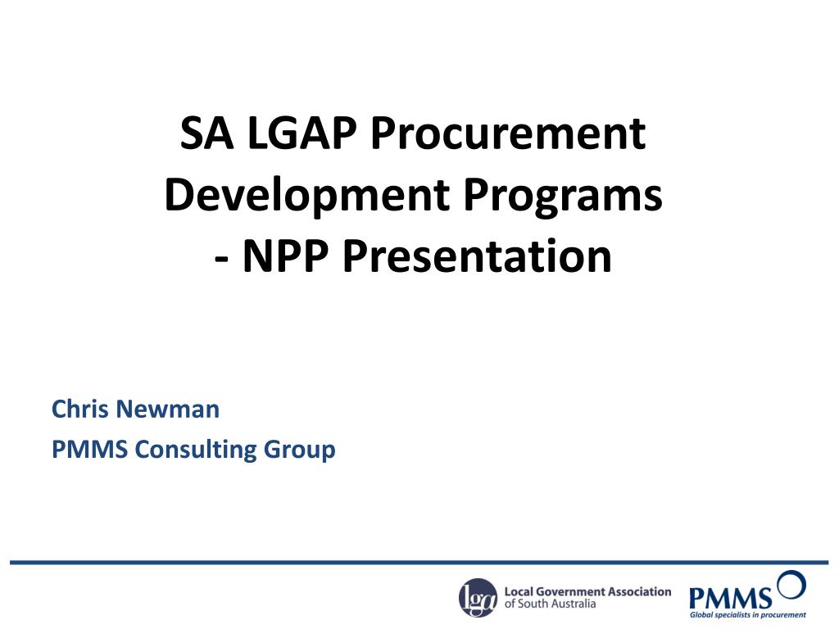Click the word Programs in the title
pyautogui.click(x=563, y=196)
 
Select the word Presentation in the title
pyautogui.click(x=477, y=256)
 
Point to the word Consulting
pyautogui.click(x=197, y=450)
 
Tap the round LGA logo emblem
pyautogui.click(x=478, y=597)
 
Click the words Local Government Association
pyautogui.click(x=587, y=591)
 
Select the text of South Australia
pyautogui.click(x=550, y=604)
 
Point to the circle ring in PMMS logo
pyautogui.click(x=791, y=585)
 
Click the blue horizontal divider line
pyautogui.click(x=419, y=563)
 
